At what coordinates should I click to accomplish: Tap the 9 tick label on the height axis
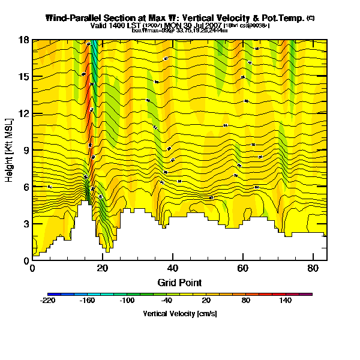(x=27, y=151)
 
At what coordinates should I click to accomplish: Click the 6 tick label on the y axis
(x=27, y=187)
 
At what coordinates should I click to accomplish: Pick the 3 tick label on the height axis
(x=27, y=224)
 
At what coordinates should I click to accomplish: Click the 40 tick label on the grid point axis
(x=173, y=268)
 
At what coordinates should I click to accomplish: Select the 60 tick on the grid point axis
(x=242, y=268)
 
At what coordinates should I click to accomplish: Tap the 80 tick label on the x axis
(x=313, y=268)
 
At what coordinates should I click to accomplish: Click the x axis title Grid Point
(x=179, y=282)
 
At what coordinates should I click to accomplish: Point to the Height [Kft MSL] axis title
(x=10, y=150)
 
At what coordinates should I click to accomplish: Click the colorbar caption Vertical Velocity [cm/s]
(x=180, y=314)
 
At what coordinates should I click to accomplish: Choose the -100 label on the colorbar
(x=127, y=301)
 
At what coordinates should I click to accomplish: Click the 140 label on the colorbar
(x=286, y=301)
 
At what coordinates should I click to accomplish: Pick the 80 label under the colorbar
(x=245, y=301)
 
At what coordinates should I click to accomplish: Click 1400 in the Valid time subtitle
(x=116, y=26)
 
